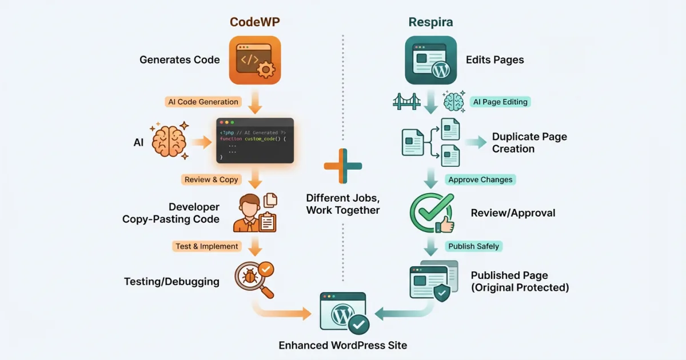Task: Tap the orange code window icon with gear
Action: [255, 60]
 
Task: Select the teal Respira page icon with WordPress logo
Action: [430, 60]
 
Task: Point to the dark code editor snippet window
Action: [255, 141]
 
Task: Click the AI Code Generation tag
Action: [203, 102]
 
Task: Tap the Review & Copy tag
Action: [211, 179]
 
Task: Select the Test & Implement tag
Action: [206, 246]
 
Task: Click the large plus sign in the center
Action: [343, 166]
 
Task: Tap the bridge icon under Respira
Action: [406, 102]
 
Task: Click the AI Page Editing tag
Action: [500, 102]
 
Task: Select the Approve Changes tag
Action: [480, 179]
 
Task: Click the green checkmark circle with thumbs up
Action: [432, 213]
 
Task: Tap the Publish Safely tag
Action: [473, 246]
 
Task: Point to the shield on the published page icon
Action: [441, 293]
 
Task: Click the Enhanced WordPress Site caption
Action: [343, 345]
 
